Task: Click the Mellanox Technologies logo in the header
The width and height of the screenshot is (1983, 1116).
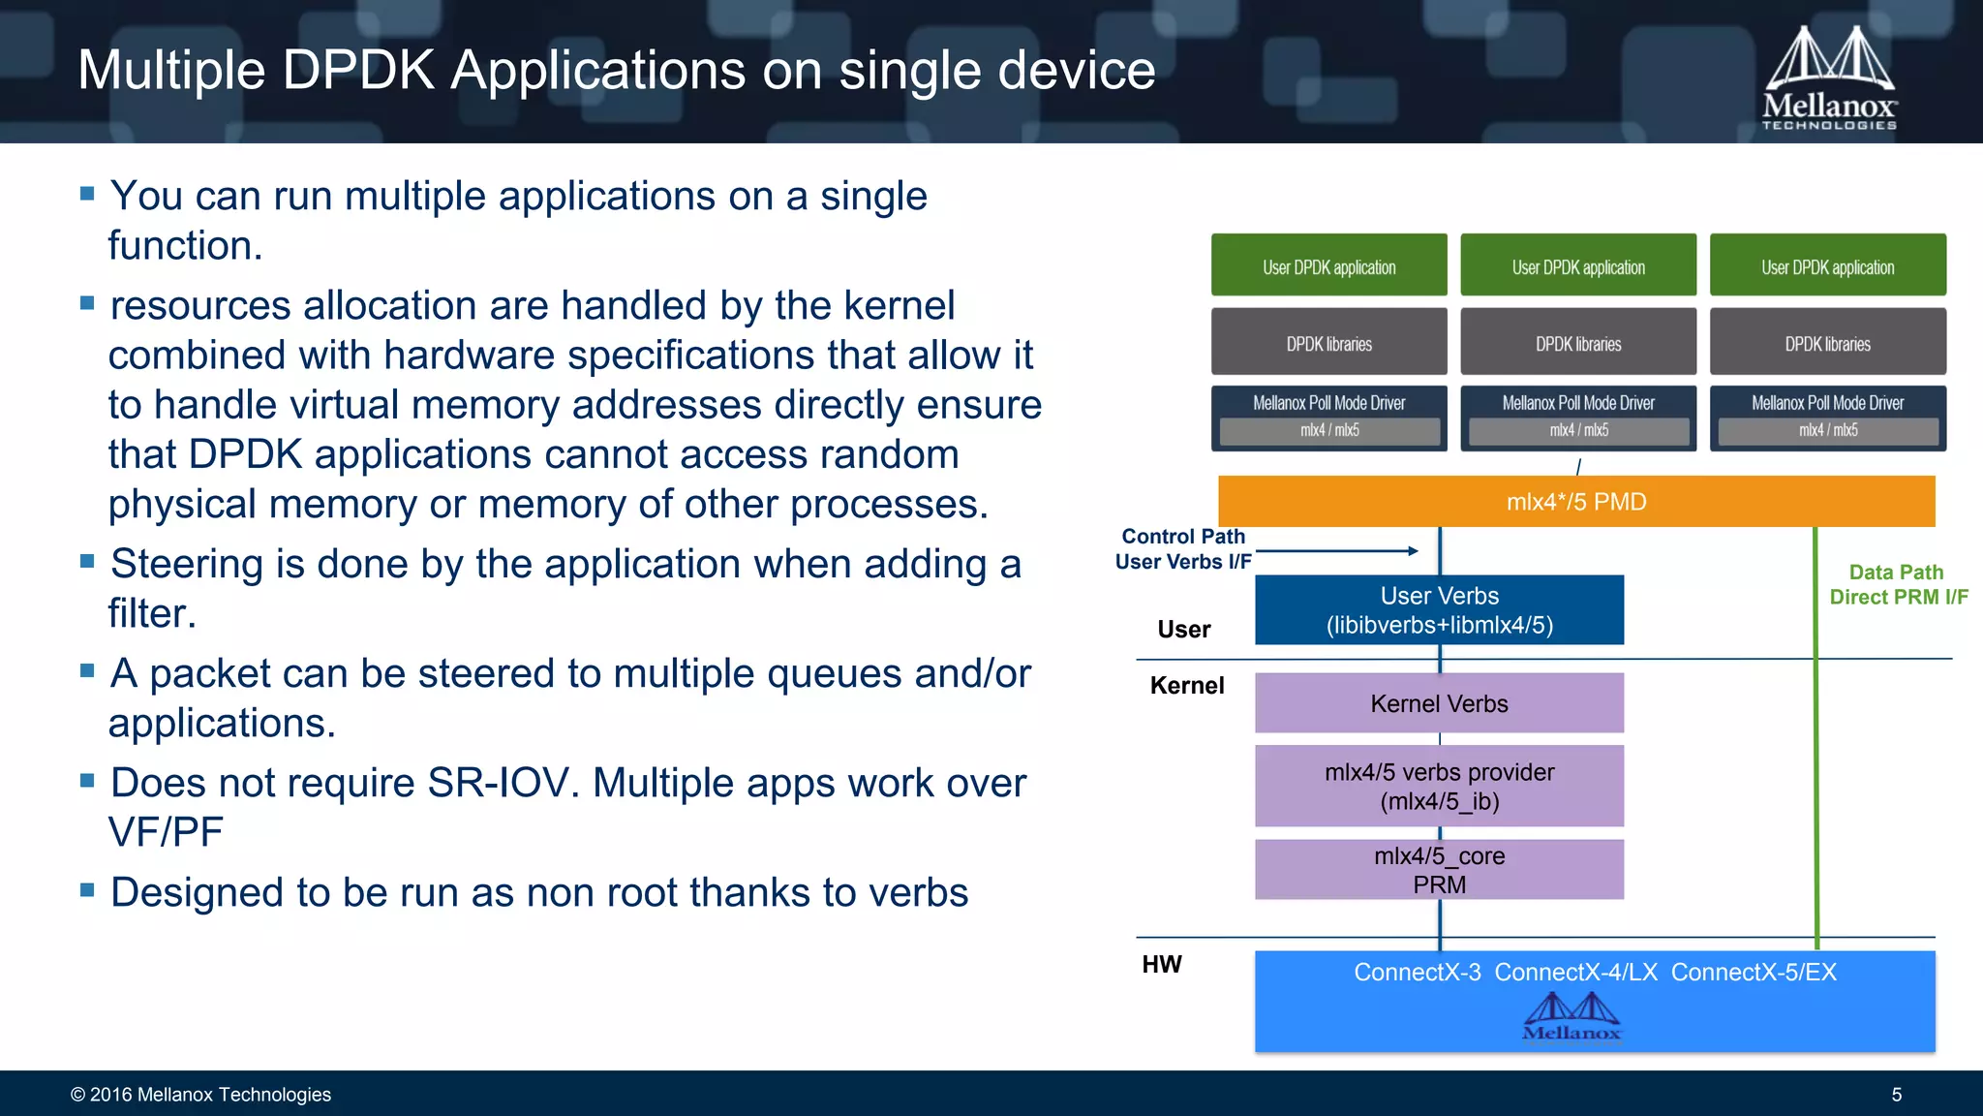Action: coord(1828,77)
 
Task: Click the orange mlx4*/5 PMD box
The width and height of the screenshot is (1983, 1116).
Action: coord(1576,502)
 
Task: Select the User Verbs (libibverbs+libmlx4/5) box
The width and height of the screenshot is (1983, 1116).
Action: coord(1439,610)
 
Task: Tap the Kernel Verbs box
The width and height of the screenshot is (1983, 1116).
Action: coord(1439,703)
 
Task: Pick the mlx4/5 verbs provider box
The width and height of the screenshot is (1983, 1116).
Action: coord(1439,786)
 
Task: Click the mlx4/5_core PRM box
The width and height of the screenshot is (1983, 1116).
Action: coord(1439,870)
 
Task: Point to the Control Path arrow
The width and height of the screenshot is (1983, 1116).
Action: coord(1336,551)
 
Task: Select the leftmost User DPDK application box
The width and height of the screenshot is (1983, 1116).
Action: coord(1328,265)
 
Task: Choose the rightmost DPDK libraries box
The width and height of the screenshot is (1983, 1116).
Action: coord(1827,342)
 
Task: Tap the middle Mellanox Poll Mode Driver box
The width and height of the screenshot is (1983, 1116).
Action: coord(1578,418)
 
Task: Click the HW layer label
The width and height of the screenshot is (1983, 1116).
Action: coord(1162,964)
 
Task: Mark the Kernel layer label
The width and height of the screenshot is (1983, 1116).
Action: coord(1187,686)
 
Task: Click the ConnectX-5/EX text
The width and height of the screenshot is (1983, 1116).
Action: coord(1754,972)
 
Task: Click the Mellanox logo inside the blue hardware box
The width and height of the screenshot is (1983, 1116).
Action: coord(1571,1017)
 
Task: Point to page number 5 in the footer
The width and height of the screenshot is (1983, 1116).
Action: coord(1896,1095)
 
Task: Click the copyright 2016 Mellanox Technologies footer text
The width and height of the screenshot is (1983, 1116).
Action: coord(200,1095)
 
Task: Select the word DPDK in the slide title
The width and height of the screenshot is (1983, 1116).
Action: coord(358,71)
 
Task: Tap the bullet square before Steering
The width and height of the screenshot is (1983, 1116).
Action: coord(87,561)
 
